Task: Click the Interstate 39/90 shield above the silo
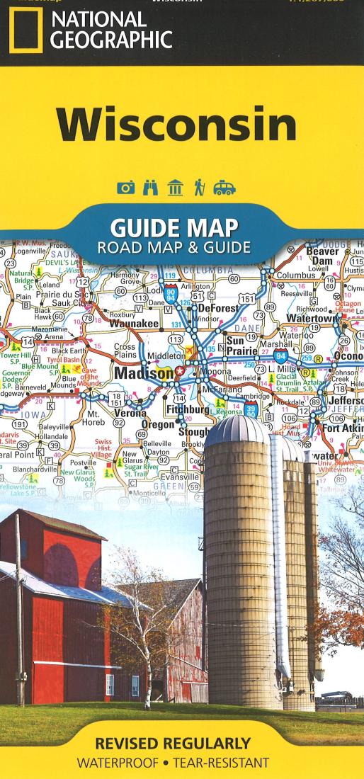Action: click(251, 408)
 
